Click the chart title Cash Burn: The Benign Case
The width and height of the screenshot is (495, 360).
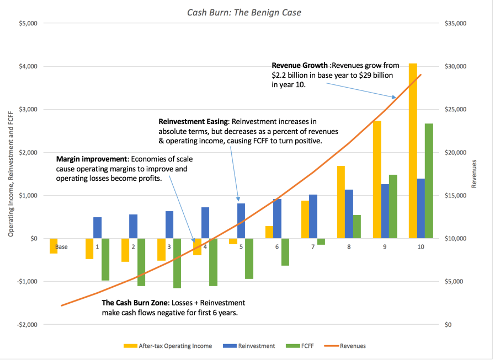tap(244, 12)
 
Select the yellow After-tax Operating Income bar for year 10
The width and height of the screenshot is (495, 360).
tap(413, 151)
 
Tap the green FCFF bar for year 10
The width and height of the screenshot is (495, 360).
tap(429, 181)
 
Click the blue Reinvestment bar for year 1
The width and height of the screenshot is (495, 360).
tap(98, 228)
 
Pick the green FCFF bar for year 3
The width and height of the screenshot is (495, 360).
tap(177, 263)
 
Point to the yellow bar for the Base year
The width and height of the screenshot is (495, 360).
tap(54, 246)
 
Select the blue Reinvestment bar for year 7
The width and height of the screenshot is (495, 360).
tap(313, 216)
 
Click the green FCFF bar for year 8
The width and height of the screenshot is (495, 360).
tap(357, 227)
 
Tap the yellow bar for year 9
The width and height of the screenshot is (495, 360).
tap(377, 180)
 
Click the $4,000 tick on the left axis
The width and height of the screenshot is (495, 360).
tap(28, 66)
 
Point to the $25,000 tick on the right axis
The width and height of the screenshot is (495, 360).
tap(455, 110)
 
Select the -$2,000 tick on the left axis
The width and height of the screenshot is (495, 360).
tap(27, 324)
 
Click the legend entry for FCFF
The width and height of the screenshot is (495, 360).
tap(300, 346)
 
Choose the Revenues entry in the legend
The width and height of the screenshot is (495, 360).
tap(345, 346)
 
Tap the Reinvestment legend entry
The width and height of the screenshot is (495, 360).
tap(249, 346)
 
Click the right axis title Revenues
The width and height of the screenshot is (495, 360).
tap(474, 174)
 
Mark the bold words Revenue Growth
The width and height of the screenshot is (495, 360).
tap(300, 65)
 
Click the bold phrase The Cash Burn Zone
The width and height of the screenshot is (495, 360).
tap(135, 303)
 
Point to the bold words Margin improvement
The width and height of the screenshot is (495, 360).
tap(92, 159)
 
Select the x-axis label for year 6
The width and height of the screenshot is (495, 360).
tap(277, 247)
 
